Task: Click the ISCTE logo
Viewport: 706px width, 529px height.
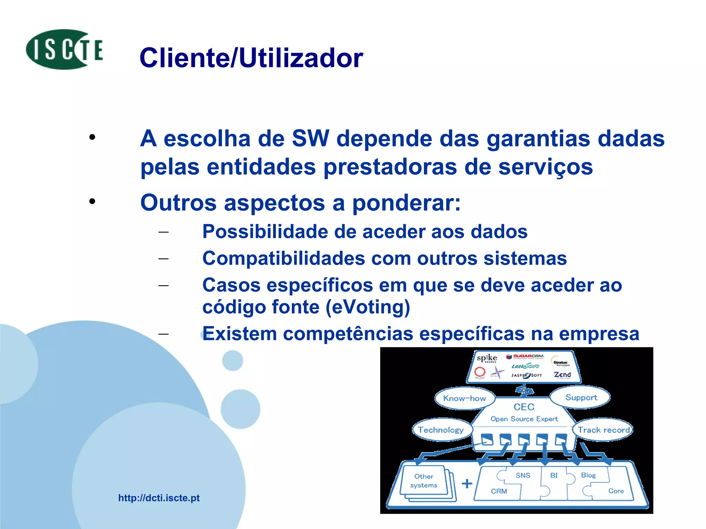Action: pyautogui.click(x=64, y=50)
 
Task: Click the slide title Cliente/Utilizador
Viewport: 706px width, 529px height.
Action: pyautogui.click(x=251, y=58)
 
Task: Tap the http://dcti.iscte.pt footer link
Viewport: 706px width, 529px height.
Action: pyautogui.click(x=159, y=498)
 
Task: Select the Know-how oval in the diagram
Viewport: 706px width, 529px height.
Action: pyautogui.click(x=464, y=398)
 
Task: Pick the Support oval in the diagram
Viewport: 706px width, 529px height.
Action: pyautogui.click(x=581, y=397)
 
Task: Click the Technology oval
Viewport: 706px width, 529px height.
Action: pyautogui.click(x=441, y=430)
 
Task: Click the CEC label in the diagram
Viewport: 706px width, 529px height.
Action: pyautogui.click(x=524, y=407)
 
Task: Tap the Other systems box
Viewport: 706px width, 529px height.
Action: pyautogui.click(x=424, y=481)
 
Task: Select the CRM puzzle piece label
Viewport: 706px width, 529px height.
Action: pyautogui.click(x=499, y=491)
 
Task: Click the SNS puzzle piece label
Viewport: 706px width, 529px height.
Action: pyautogui.click(x=523, y=475)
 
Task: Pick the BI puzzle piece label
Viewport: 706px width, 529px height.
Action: pyautogui.click(x=554, y=475)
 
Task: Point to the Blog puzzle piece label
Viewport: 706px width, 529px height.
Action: pyautogui.click(x=588, y=475)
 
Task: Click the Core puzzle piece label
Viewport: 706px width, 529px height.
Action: pyautogui.click(x=616, y=491)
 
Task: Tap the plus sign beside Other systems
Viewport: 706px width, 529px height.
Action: pyautogui.click(x=467, y=484)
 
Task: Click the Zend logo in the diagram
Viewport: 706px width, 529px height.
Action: pyautogui.click(x=562, y=374)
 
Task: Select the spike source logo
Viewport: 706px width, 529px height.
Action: pyautogui.click(x=487, y=358)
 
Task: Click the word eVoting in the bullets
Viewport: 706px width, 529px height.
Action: pyautogui.click(x=368, y=307)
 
